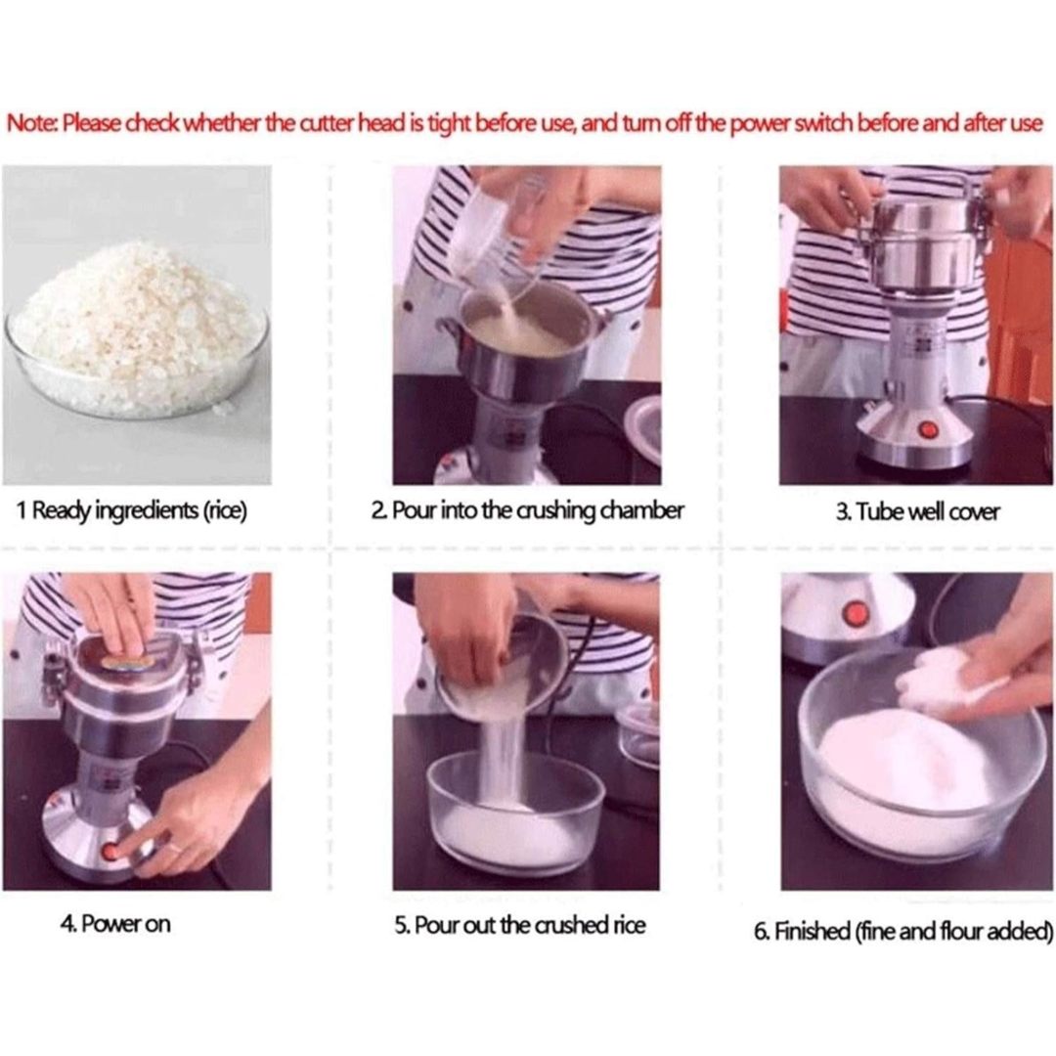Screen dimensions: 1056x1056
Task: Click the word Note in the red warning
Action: coord(31,124)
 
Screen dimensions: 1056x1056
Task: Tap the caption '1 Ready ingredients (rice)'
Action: coord(132,510)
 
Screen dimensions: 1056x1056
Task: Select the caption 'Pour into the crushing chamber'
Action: coord(538,511)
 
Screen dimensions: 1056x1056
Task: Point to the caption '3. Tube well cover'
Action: coord(917,512)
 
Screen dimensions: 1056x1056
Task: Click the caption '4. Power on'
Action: coord(115,923)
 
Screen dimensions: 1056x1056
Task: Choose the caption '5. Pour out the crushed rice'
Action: coord(520,925)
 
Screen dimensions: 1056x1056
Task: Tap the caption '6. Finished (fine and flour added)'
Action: coord(903,932)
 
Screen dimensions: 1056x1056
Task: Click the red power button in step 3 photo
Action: coord(928,429)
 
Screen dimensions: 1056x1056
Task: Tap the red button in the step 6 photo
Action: coord(856,613)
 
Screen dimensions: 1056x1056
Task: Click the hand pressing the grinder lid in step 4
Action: coord(115,613)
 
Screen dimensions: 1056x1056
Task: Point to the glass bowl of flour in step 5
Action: coord(516,814)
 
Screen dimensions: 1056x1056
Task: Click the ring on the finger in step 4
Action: coord(174,848)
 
